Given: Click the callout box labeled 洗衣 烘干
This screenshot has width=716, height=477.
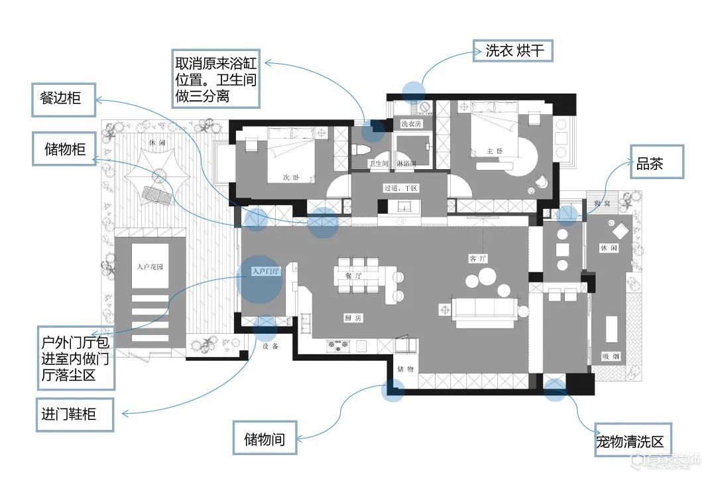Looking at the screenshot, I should [513, 50].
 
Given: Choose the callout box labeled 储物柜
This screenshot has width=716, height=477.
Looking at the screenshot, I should [64, 149].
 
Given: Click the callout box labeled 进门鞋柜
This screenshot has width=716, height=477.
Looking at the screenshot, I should [74, 415].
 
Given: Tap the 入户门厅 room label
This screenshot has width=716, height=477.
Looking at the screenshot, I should [267, 271].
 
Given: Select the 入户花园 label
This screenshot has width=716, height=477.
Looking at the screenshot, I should [150, 267].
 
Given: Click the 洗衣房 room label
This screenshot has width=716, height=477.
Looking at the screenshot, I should [412, 123].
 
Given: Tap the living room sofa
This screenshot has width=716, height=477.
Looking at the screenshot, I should [485, 309].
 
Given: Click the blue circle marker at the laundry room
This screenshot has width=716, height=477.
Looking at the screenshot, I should [413, 92].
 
